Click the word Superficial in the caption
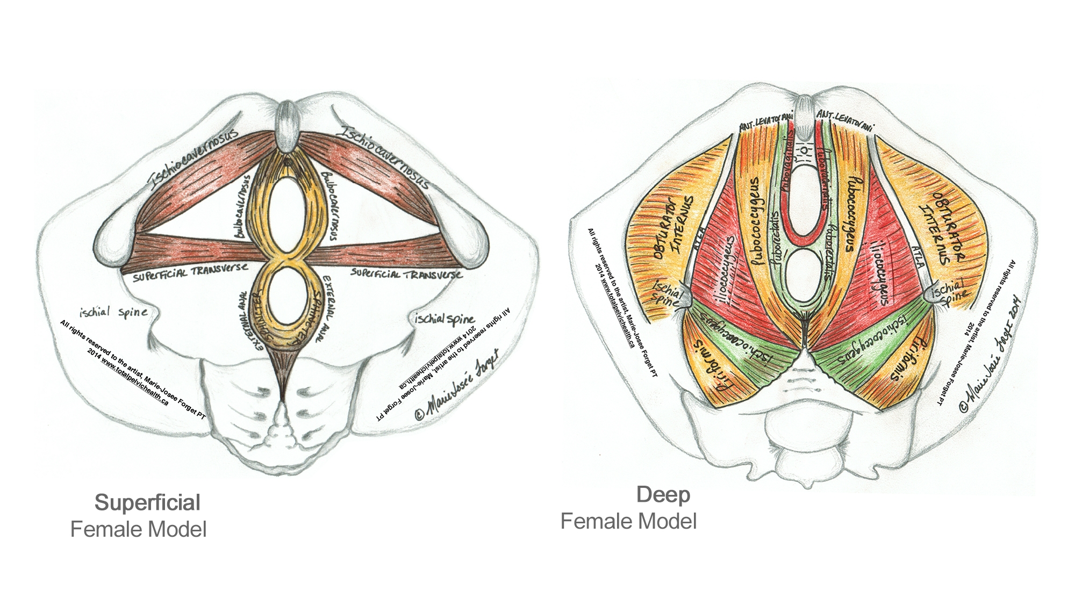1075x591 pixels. coord(147,503)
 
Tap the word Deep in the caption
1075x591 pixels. coord(663,495)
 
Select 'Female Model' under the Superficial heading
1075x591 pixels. coord(138,530)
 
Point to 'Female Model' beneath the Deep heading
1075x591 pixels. coord(628,521)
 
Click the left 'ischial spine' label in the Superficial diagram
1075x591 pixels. coord(113,312)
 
